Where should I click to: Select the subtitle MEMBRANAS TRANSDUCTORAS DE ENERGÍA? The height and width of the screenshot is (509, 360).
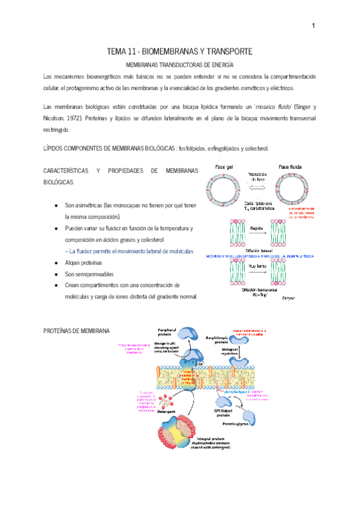point(178,64)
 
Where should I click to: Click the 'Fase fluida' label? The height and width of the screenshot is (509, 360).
point(289,166)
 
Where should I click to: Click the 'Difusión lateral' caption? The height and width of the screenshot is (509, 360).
point(256,250)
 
